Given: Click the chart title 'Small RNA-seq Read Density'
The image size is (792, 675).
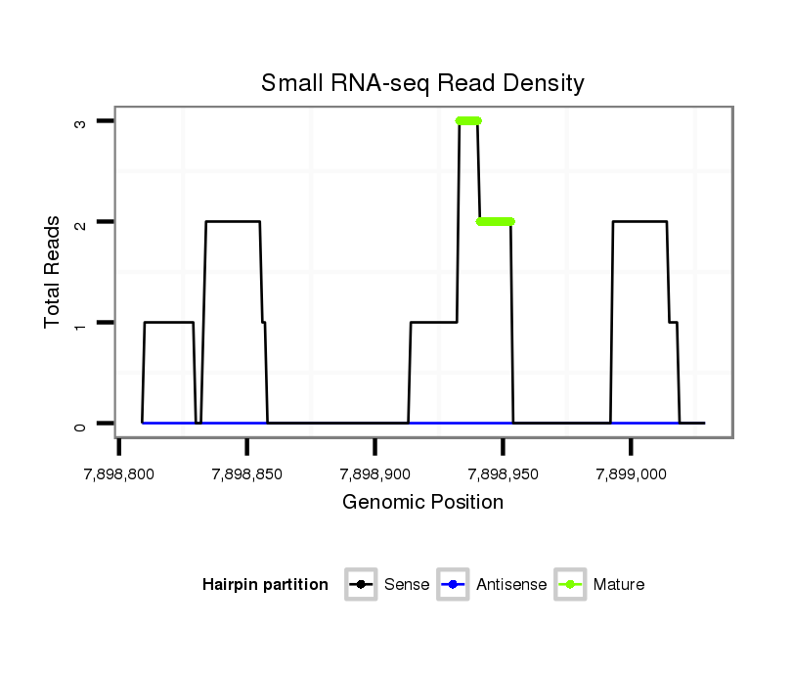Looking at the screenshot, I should point(422,83).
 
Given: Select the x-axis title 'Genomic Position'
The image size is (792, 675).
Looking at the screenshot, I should point(422,503).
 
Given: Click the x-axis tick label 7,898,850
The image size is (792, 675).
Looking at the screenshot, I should point(247,474).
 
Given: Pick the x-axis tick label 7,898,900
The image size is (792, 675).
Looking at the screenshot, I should point(375,474).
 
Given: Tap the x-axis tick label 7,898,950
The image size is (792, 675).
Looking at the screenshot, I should point(503,474).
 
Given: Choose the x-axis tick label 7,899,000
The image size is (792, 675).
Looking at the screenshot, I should point(631,474).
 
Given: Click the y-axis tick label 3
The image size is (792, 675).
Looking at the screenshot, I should point(81,121).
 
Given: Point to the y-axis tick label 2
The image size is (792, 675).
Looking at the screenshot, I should point(81,222).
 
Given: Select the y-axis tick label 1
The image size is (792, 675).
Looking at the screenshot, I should point(81,323).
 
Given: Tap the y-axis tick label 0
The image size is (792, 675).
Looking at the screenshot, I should point(81,424).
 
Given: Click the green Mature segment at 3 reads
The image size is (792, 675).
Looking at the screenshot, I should point(468,121).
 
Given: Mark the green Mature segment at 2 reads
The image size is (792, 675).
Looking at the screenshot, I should point(496,222).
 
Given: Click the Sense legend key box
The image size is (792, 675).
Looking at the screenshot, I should point(361,585).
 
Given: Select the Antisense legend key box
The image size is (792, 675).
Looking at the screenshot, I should point(454,585).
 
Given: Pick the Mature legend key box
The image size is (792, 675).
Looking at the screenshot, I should point(570,585).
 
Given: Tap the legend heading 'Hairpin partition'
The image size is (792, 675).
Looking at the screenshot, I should point(265,585).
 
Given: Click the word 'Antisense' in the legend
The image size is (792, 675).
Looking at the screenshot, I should point(511,585).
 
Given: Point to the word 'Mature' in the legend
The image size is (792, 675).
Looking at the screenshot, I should point(619,585).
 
